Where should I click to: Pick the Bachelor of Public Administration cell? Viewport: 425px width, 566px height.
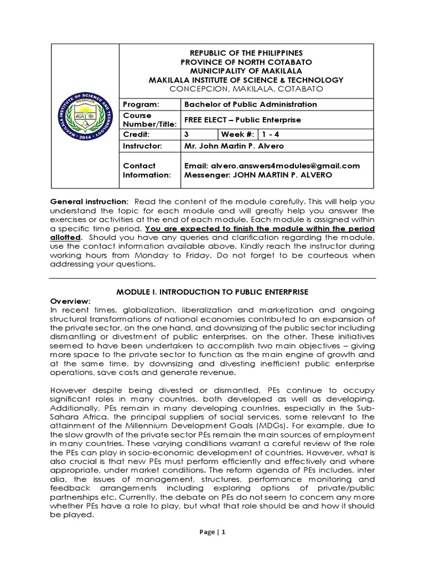(x=251, y=104)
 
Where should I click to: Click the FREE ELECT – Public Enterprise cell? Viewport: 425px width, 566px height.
(x=242, y=120)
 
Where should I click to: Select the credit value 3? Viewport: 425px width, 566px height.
(x=186, y=134)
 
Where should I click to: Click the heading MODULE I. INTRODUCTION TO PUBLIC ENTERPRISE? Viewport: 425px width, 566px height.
(x=212, y=291)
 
